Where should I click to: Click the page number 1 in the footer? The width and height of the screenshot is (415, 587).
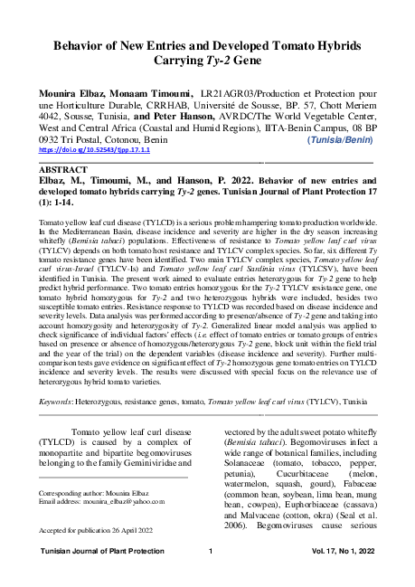coord(209,551)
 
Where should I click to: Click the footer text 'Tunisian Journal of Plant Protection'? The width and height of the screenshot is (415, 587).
coord(91,551)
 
